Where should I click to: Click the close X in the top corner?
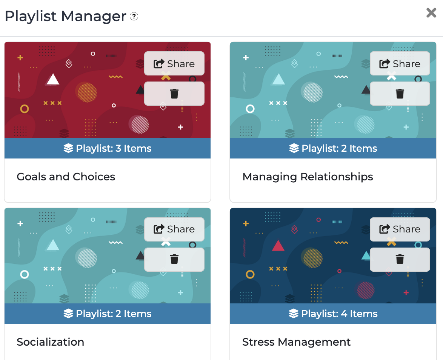(431, 13)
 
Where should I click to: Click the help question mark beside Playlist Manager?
(134, 16)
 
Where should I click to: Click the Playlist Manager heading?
(65, 16)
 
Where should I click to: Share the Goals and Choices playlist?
(174, 63)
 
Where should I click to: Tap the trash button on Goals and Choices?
(174, 94)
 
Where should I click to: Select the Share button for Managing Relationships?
(400, 63)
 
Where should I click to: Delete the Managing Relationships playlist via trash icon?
(400, 94)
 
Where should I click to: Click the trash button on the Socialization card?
(174, 259)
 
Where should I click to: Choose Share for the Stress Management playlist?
(400, 229)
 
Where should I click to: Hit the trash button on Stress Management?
(400, 259)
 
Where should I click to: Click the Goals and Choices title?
(66, 177)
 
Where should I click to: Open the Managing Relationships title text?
(308, 177)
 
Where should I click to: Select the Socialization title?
(50, 342)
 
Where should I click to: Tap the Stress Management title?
(296, 342)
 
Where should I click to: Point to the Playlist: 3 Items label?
(108, 148)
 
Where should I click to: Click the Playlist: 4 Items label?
(333, 314)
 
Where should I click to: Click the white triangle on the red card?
(52, 79)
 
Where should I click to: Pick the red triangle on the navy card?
(278, 246)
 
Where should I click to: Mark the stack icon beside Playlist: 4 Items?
(294, 314)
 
